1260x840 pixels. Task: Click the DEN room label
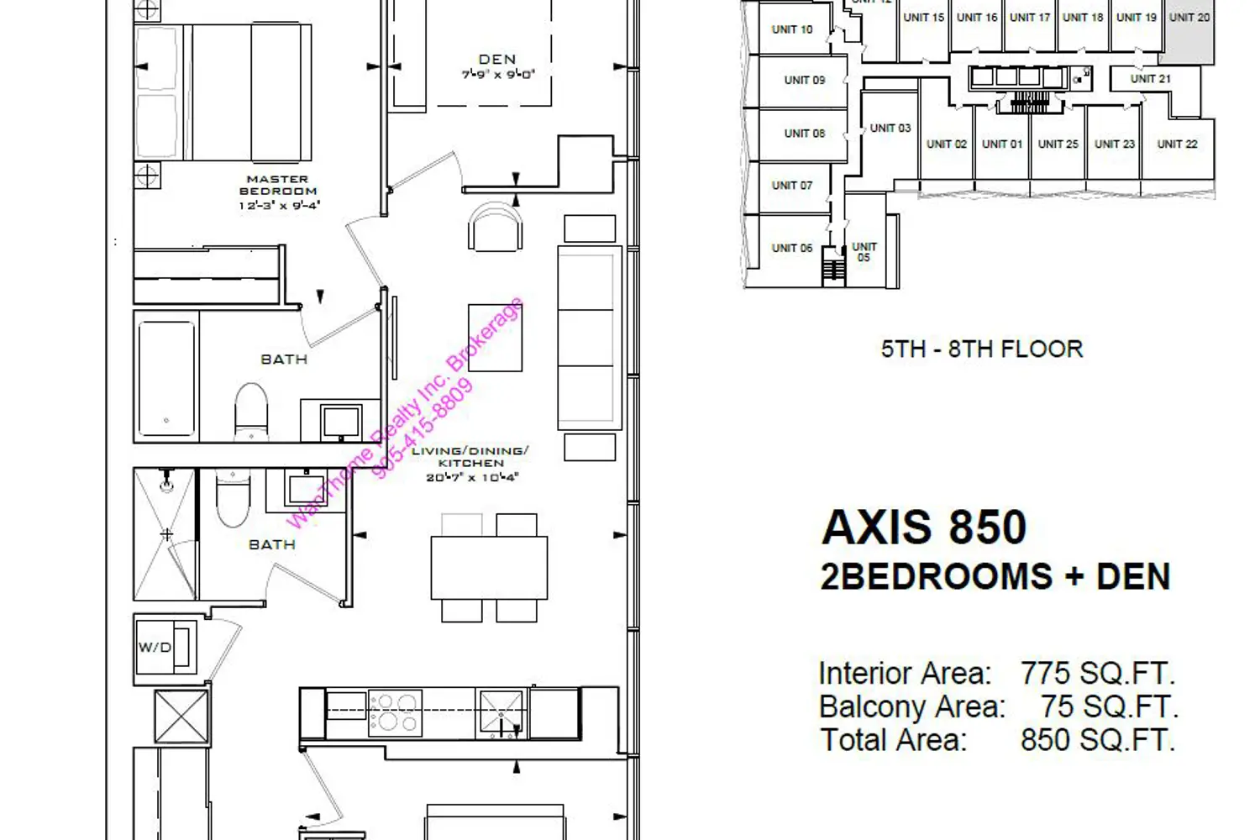pyautogui.click(x=496, y=59)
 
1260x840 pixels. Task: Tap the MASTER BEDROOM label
pyautogui.click(x=278, y=185)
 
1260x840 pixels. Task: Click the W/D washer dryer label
pyautogui.click(x=155, y=647)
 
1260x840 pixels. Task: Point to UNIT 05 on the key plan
pyautogui.click(x=864, y=252)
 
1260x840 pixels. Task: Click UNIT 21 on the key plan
pyautogui.click(x=1150, y=79)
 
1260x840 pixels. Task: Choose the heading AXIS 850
pyautogui.click(x=924, y=528)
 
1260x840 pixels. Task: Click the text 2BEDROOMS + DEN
pyautogui.click(x=995, y=577)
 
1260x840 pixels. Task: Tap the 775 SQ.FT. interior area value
pyautogui.click(x=1097, y=673)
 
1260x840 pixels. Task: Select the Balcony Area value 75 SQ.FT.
pyautogui.click(x=1109, y=706)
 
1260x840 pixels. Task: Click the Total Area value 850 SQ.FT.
pyautogui.click(x=1097, y=740)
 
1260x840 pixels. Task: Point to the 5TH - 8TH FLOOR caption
pyautogui.click(x=982, y=349)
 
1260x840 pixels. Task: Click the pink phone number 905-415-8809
pyautogui.click(x=422, y=428)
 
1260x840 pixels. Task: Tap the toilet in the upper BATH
pyautogui.click(x=251, y=412)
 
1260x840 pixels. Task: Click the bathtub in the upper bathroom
pyautogui.click(x=166, y=379)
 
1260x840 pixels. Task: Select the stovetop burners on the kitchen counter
pyautogui.click(x=395, y=713)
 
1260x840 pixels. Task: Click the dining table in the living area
pyautogui.click(x=489, y=568)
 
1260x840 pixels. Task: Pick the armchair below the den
pyautogui.click(x=495, y=227)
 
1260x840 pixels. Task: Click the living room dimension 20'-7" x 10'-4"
pyautogui.click(x=472, y=478)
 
